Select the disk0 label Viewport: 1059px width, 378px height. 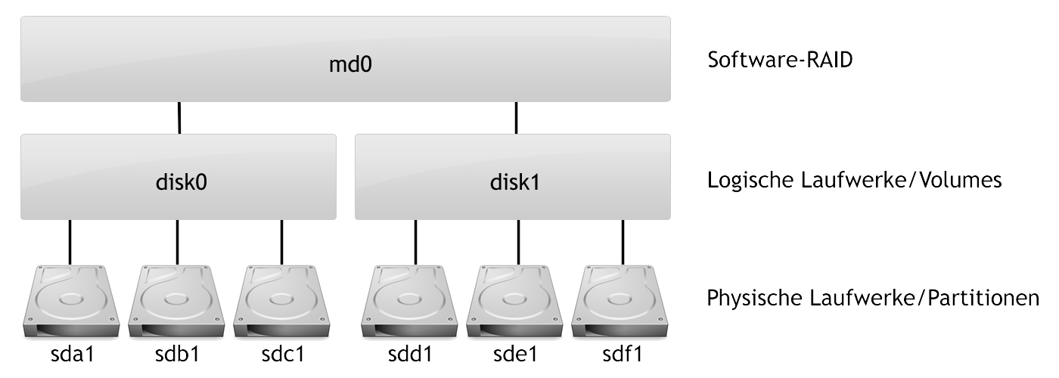point(178,183)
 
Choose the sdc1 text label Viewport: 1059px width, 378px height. point(281,354)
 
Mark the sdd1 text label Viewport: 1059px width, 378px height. point(413,354)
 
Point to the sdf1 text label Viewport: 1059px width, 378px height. point(623,354)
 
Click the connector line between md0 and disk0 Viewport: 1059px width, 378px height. point(179,118)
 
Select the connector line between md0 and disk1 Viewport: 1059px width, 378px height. point(516,118)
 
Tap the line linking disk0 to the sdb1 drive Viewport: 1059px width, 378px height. point(177,242)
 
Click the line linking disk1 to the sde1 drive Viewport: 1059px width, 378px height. point(519,242)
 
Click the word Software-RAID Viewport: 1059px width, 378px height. point(780,60)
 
